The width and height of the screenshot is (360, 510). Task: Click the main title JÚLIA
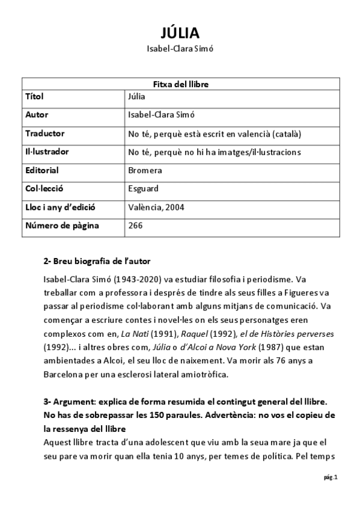click(x=180, y=32)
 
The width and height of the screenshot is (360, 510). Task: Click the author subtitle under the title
click(x=180, y=49)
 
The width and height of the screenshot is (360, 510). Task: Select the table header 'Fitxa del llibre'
click(x=180, y=84)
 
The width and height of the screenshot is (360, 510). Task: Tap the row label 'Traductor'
click(x=45, y=134)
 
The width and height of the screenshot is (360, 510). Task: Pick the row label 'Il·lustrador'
click(x=47, y=152)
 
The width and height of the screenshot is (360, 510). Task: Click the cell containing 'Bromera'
click(x=145, y=170)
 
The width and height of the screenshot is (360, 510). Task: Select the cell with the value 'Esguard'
click(x=143, y=189)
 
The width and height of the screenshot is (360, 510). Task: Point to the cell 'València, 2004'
click(x=156, y=207)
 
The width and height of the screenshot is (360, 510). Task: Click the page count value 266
click(x=135, y=226)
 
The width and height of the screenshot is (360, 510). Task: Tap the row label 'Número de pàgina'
click(x=62, y=226)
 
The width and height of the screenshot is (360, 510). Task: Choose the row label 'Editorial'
click(x=42, y=170)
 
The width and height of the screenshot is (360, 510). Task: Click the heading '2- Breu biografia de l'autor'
click(x=97, y=262)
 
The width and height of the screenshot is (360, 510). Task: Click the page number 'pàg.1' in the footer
click(x=331, y=478)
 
